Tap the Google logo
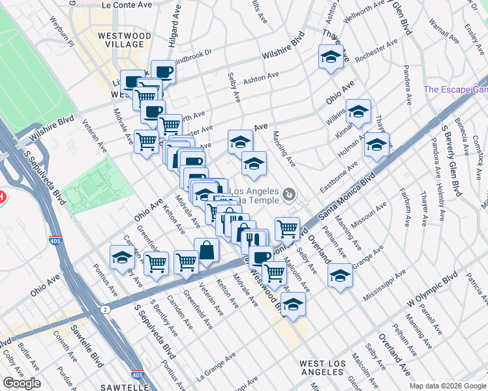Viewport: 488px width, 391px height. pyautogui.click(x=22, y=383)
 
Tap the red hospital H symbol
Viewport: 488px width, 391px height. pyautogui.click(x=2, y=195)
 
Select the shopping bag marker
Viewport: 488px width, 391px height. pyautogui.click(x=206, y=251)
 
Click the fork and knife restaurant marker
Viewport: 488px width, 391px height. pyautogui.click(x=254, y=241)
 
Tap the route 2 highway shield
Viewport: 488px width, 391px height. pyautogui.click(x=104, y=306)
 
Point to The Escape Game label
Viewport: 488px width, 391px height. pyautogui.click(x=455, y=89)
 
